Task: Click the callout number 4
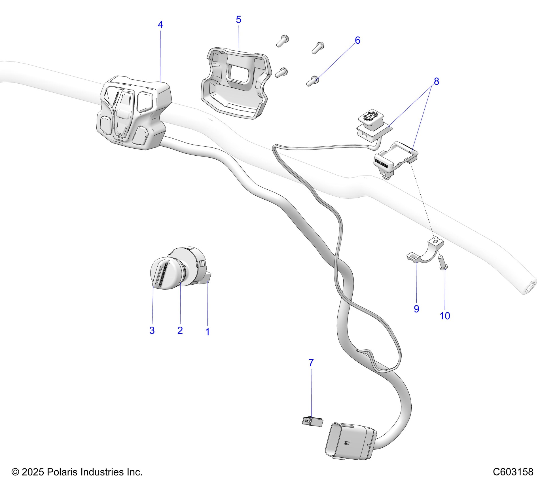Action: point(160,25)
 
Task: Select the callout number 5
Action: point(238,20)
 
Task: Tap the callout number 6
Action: point(357,41)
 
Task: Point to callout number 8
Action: point(436,81)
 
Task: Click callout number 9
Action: point(416,309)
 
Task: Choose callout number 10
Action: point(444,316)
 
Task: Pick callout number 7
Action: point(311,363)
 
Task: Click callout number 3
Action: point(152,330)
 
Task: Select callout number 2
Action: point(180,330)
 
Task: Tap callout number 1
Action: point(207,332)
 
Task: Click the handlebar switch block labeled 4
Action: point(133,113)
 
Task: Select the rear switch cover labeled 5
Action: point(235,82)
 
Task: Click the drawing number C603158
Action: point(513,472)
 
